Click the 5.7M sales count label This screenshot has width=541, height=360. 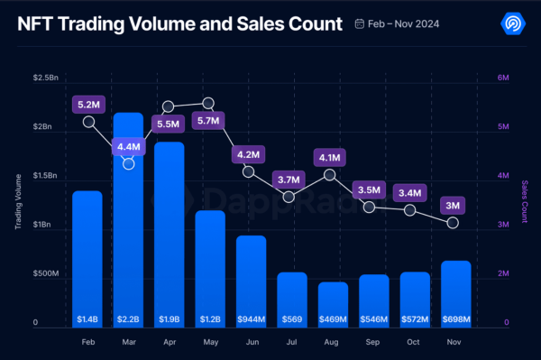click(208, 119)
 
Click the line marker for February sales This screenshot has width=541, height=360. click(88, 122)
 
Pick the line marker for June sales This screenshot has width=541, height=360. click(249, 171)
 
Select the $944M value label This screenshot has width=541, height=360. click(250, 319)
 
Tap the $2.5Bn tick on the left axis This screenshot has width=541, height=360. click(46, 78)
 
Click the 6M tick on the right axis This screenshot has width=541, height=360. click(504, 78)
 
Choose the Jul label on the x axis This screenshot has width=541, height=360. click(290, 343)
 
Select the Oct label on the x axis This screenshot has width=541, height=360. click(413, 343)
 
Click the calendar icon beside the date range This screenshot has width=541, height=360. click(360, 24)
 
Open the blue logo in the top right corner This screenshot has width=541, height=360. click(511, 24)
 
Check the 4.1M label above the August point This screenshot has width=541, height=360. click(331, 159)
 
